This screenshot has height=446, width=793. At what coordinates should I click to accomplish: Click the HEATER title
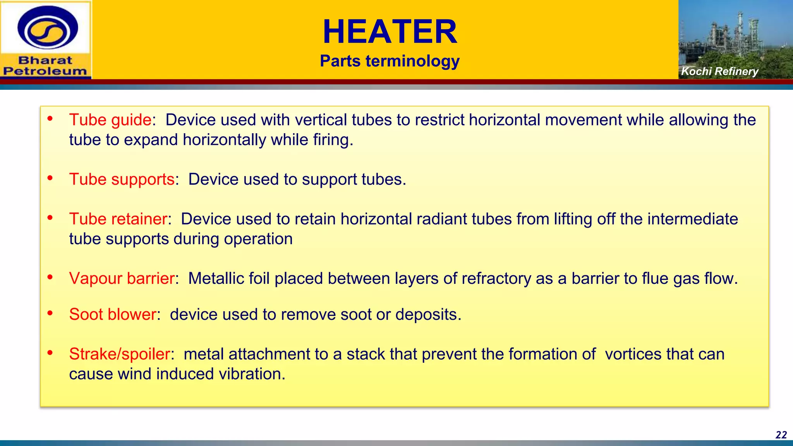coord(390,32)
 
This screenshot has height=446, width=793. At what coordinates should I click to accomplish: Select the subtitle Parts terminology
coord(390,61)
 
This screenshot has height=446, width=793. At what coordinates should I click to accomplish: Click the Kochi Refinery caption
coord(719,71)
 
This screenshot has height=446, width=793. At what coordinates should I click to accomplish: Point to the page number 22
coord(781,435)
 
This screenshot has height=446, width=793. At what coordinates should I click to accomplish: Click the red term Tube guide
coord(110,120)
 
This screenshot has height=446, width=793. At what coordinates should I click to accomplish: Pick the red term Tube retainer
coord(118,219)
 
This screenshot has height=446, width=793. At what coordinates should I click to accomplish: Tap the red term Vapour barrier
coord(122,279)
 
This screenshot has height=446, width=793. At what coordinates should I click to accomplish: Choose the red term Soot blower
coord(113,314)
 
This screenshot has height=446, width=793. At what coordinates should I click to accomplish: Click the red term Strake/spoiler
coord(120,354)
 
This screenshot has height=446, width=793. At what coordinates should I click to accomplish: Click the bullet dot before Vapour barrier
coord(50,277)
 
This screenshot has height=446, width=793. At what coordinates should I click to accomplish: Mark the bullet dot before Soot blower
coord(50,313)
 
